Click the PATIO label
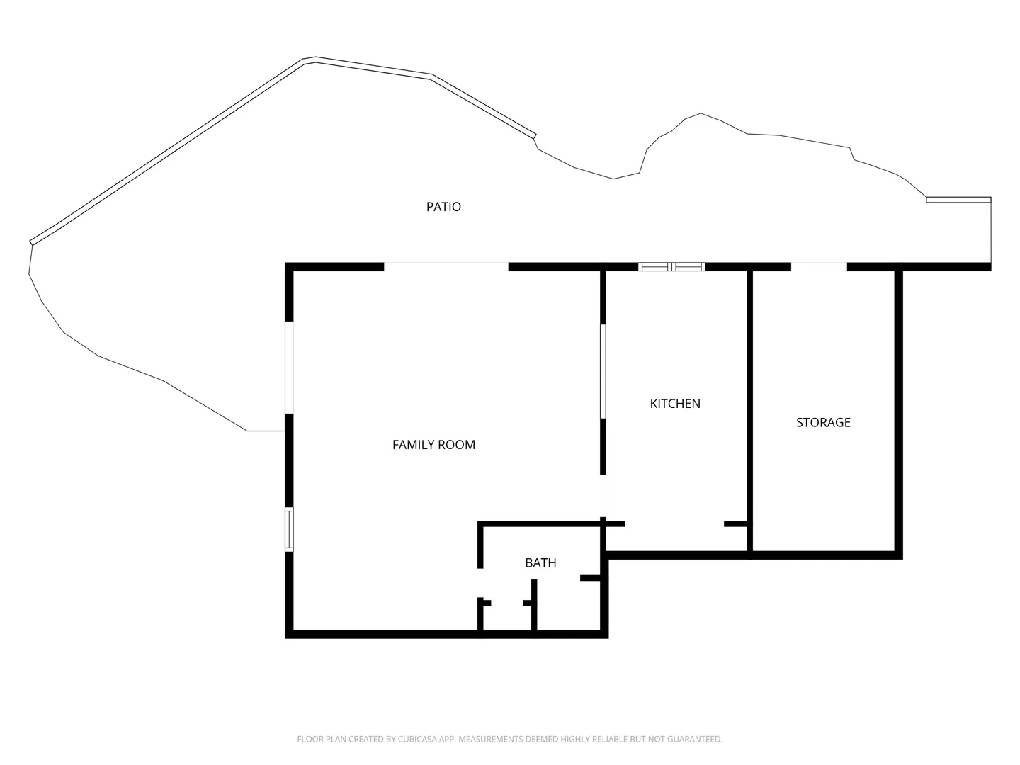click(443, 207)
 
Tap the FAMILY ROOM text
click(433, 445)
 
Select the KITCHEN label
click(675, 404)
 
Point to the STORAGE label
click(823, 423)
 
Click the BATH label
click(540, 563)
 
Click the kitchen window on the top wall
click(671, 266)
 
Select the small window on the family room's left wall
click(289, 530)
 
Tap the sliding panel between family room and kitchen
click(603, 371)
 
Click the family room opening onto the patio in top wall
click(446, 266)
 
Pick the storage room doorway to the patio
click(819, 266)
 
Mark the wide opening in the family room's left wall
click(289, 367)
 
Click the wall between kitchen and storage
click(749, 411)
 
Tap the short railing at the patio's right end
click(958, 200)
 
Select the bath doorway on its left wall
click(480, 583)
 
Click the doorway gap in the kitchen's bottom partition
click(674, 524)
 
